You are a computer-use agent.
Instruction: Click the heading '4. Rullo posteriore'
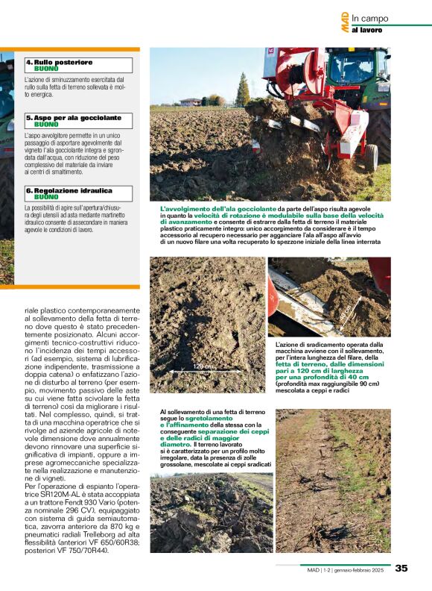[60, 62]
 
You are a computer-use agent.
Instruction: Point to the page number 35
[401, 568]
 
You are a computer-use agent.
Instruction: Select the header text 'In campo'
[370, 18]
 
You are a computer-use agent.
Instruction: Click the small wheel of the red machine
[370, 156]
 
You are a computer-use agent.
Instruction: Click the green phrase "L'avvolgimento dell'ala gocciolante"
[218, 209]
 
